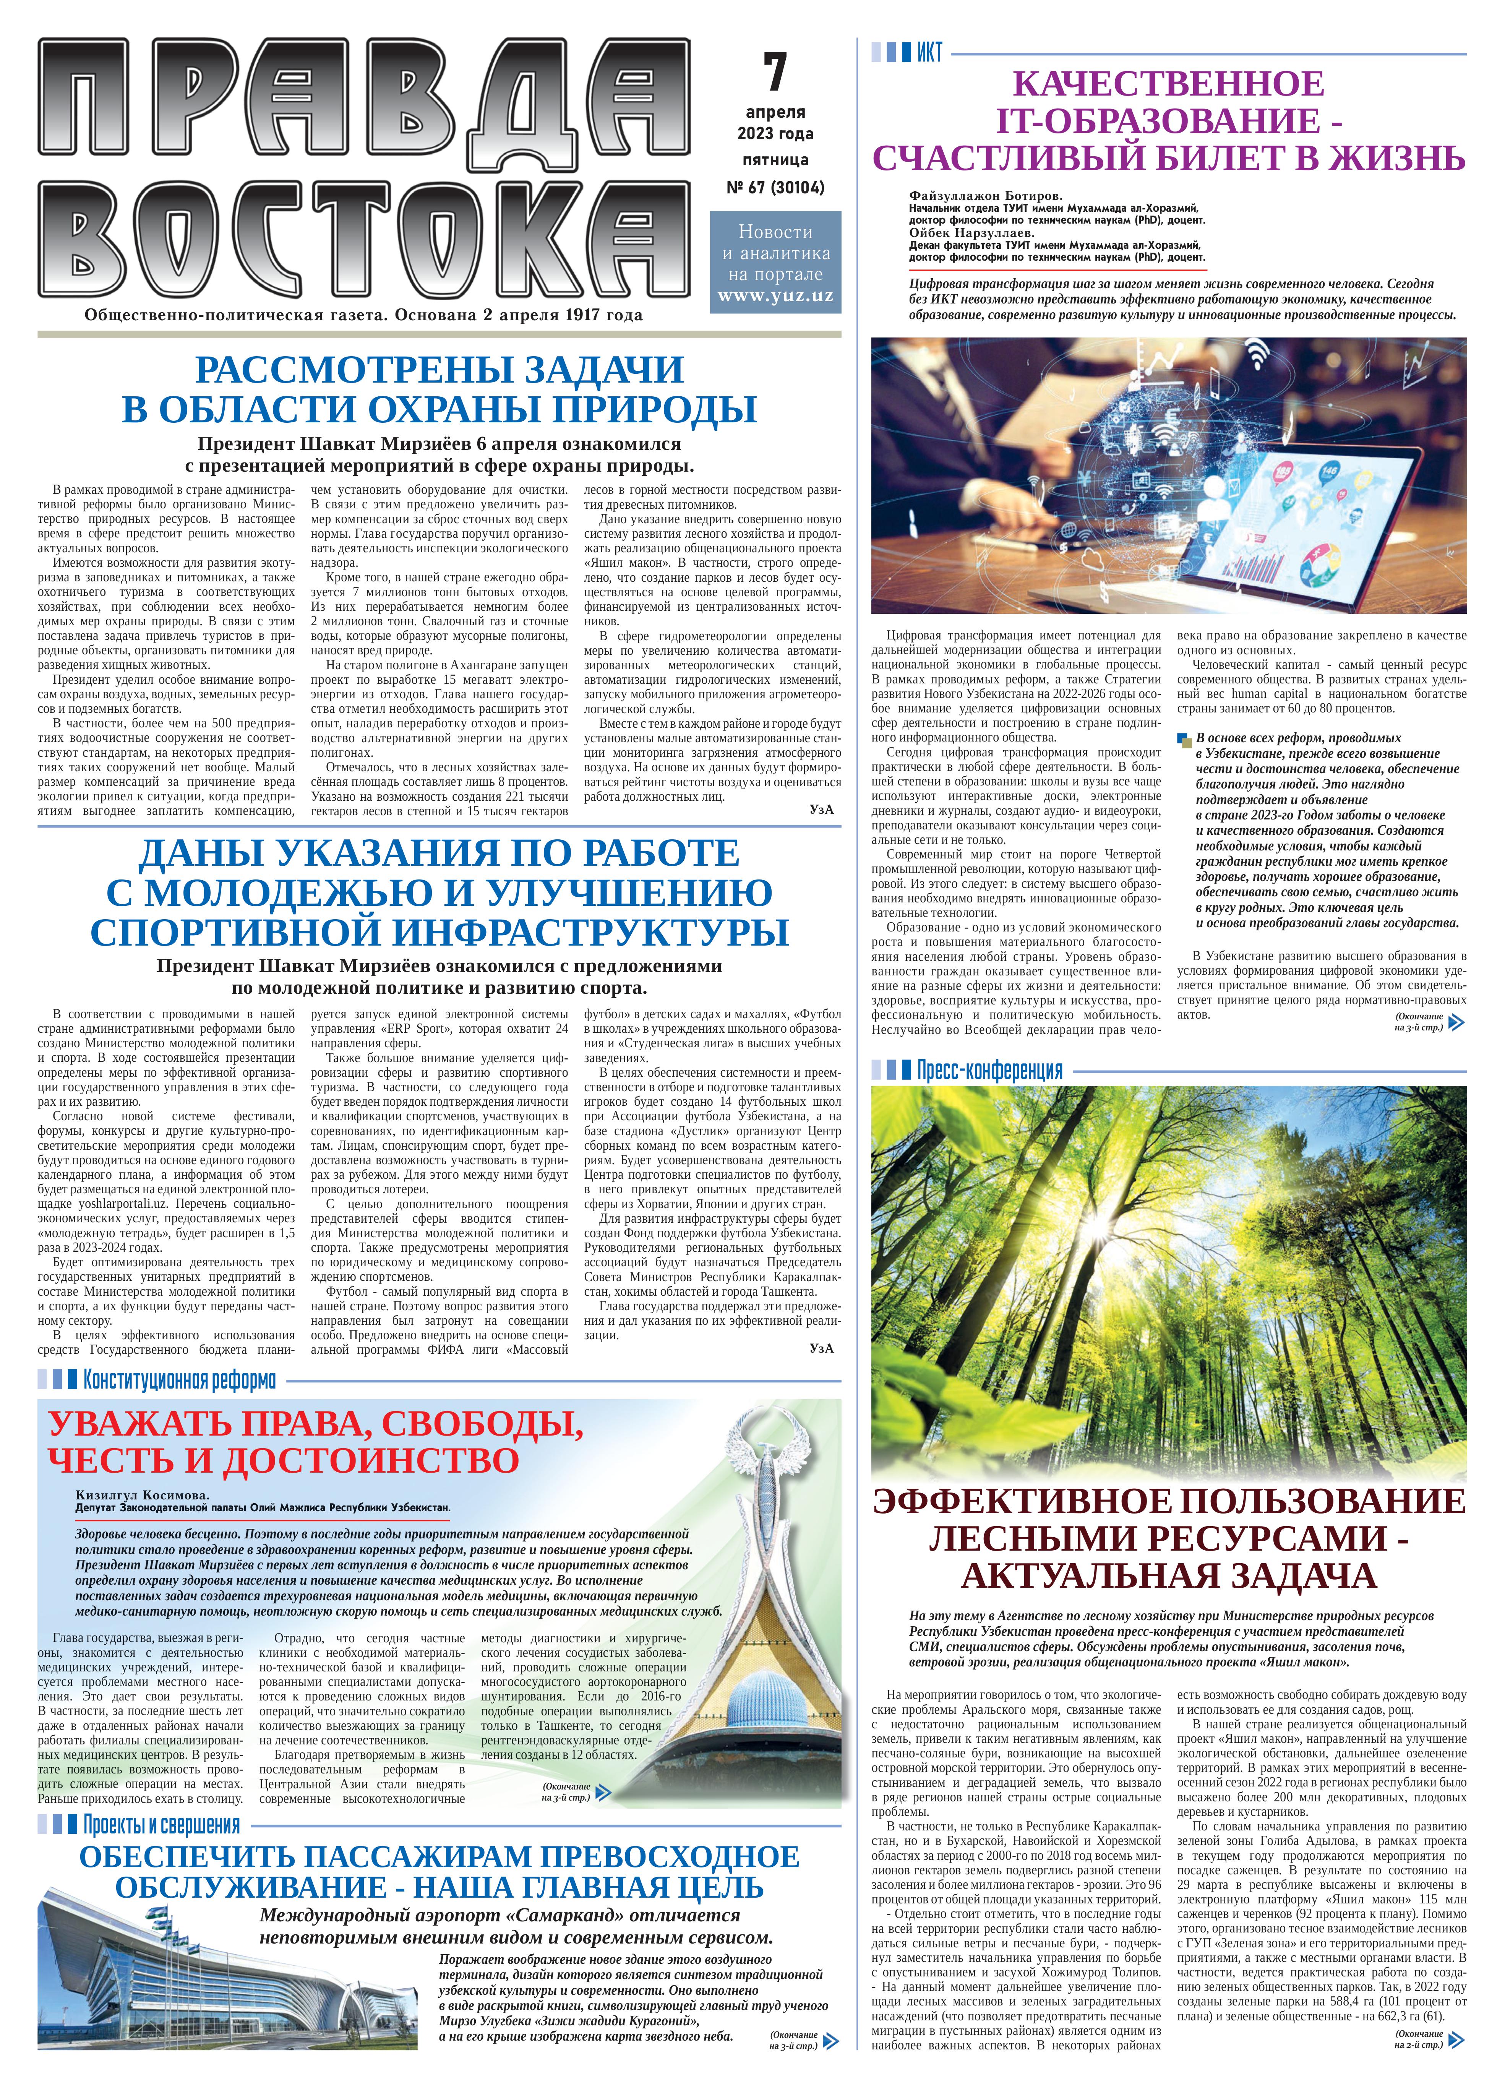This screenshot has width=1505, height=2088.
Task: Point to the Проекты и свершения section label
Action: coord(161,1825)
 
